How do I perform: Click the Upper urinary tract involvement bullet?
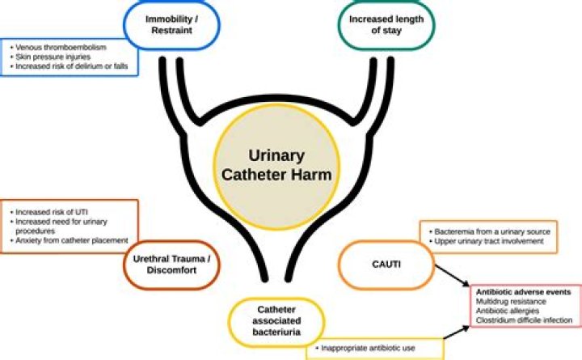[486, 241]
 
